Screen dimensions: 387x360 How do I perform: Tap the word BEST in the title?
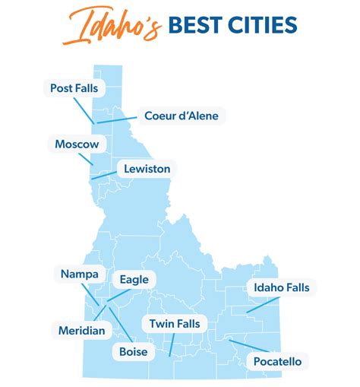[x=195, y=26]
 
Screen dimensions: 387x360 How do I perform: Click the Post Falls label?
[x=74, y=89]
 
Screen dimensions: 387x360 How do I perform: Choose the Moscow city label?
[x=77, y=143]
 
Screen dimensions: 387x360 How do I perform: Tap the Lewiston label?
[x=147, y=168]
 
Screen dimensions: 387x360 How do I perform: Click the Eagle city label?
[x=134, y=279]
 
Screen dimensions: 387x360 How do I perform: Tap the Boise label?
[x=133, y=351]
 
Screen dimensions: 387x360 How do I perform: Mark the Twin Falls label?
[x=175, y=324]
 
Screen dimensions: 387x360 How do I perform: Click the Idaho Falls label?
[x=281, y=287]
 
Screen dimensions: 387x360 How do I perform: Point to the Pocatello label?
[x=277, y=361]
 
